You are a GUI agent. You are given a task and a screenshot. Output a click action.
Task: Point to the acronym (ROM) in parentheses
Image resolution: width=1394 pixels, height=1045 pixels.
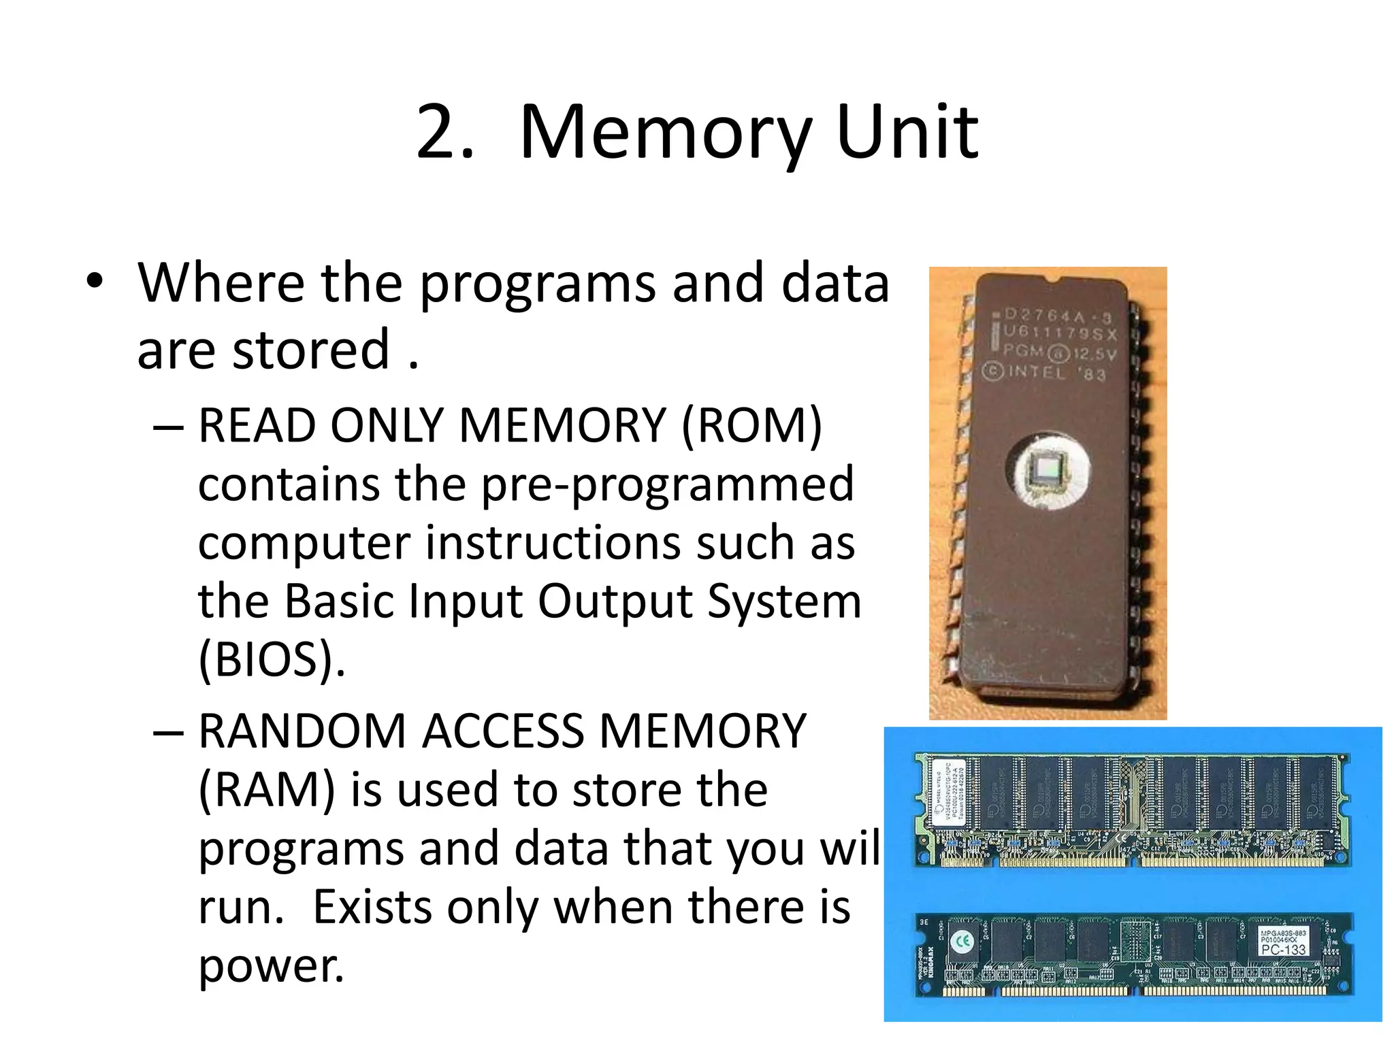pos(751,426)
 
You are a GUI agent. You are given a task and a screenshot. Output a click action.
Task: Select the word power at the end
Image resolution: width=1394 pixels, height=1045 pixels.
pos(270,966)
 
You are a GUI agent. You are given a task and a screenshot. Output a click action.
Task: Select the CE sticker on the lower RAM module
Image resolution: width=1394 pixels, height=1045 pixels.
pos(962,941)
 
